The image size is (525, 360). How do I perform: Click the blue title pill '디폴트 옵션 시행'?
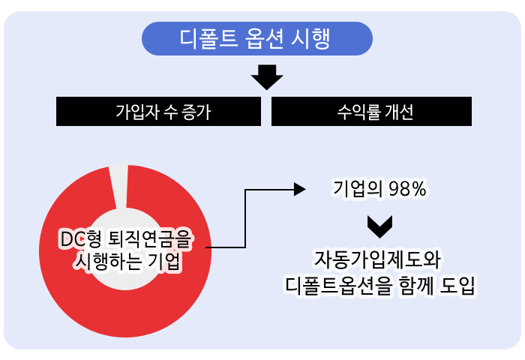click(257, 39)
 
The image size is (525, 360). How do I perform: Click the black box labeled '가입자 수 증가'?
click(158, 112)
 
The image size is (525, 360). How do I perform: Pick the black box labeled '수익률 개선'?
click(371, 112)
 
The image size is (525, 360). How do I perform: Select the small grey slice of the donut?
click(119, 184)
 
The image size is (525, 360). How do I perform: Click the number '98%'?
click(407, 190)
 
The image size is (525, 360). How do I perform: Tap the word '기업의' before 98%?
click(358, 190)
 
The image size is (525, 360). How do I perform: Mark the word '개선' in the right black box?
click(398, 112)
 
